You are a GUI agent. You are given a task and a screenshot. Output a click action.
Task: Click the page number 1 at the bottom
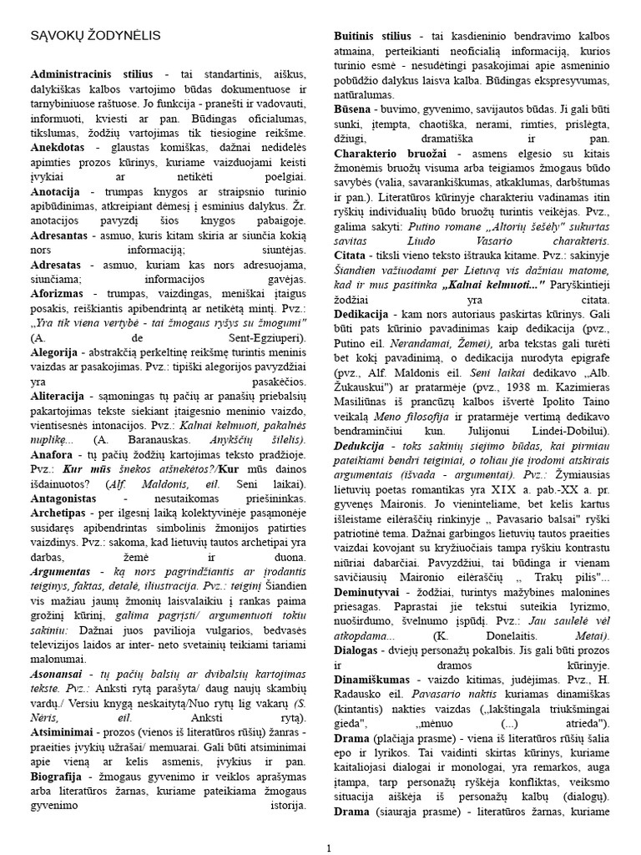coord(329,848)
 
